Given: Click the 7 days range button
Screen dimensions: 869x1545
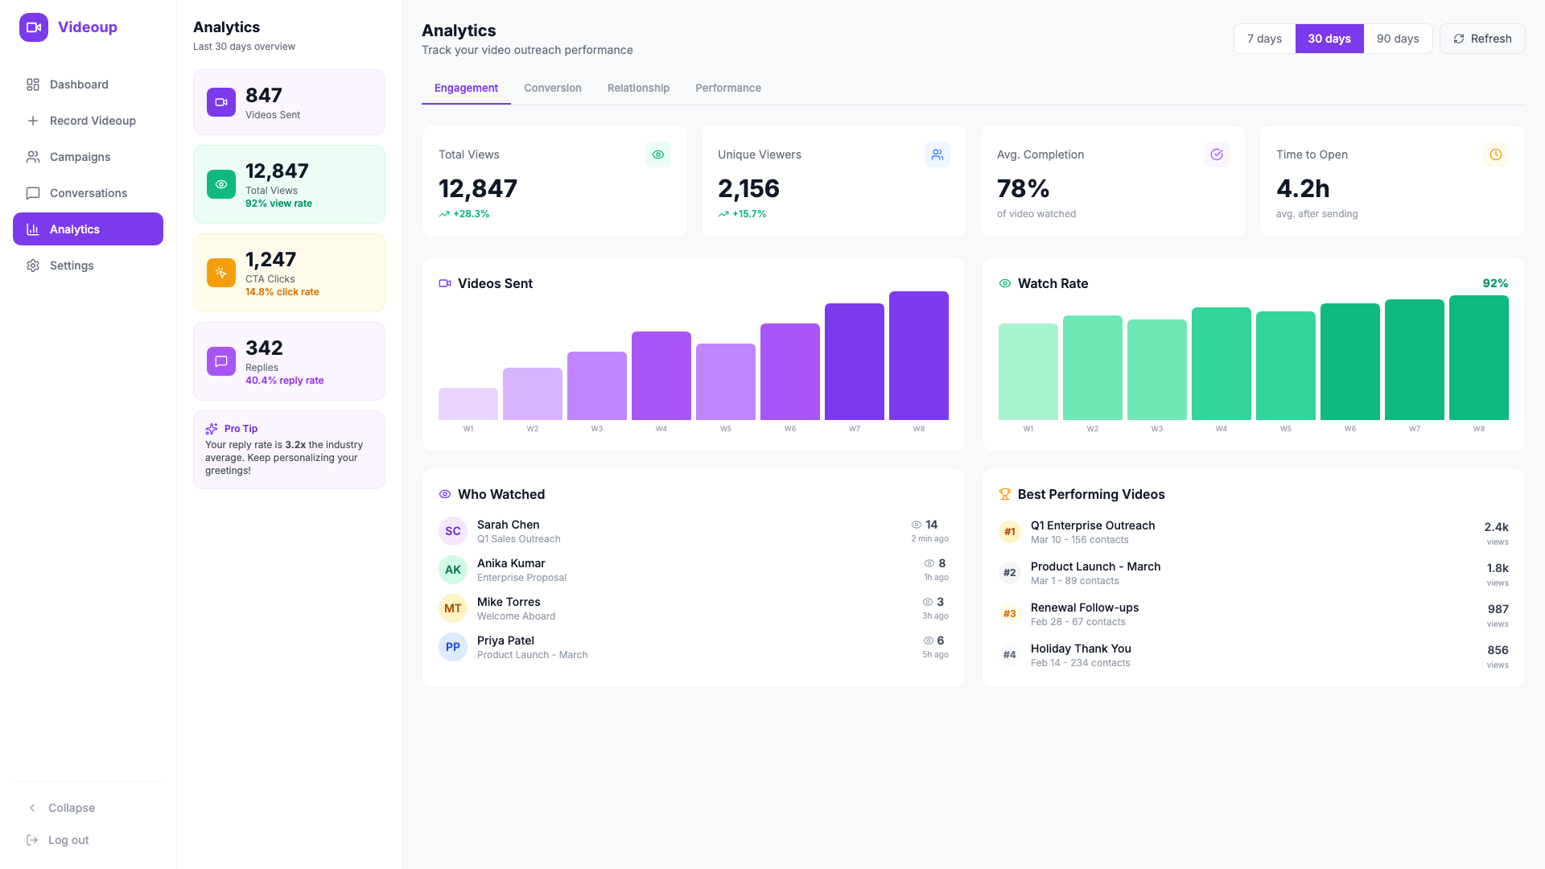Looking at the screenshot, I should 1264,39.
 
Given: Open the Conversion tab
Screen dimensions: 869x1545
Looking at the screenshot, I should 552,88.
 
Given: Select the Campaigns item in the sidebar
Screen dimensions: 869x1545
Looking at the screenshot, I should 80,157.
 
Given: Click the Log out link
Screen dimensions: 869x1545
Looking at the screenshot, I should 68,840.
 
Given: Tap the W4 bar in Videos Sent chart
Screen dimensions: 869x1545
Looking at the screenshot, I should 661,376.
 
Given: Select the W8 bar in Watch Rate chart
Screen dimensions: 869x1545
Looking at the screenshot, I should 1478,358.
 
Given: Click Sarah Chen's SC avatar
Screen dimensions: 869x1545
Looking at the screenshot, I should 453,531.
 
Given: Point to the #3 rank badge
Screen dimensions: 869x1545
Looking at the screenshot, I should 1009,614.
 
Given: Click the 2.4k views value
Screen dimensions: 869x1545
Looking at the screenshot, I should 1496,527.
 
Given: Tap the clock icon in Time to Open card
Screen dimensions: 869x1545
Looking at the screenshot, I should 1495,154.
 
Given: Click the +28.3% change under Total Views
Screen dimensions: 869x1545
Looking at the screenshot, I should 471,214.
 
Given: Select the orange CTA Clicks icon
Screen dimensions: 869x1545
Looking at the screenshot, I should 221,273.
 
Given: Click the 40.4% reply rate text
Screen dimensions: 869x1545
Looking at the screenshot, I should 284,381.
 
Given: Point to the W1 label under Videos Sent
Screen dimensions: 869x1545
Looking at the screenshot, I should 468,429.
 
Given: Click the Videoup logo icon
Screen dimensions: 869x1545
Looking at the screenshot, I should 34,27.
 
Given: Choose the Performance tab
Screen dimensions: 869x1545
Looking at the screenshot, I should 727,88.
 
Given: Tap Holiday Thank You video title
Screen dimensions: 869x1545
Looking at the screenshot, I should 1081,649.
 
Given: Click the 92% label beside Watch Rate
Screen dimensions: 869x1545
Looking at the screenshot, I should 1494,283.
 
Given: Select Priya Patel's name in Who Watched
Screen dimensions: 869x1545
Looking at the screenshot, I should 505,640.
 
